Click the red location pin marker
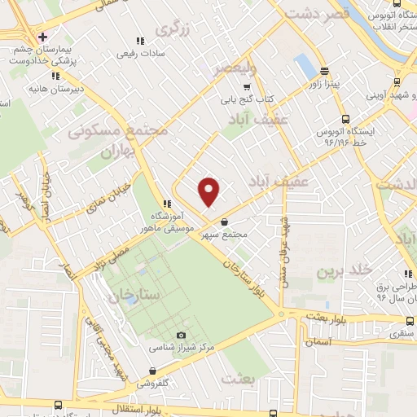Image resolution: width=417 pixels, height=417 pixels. [x=209, y=191]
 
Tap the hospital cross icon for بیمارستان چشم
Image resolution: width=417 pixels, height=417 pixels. [x=42, y=36]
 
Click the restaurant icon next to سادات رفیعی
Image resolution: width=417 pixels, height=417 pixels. [x=140, y=41]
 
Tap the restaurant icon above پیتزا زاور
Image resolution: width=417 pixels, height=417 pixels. [x=323, y=71]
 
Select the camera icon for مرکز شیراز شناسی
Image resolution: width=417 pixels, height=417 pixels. [x=181, y=335]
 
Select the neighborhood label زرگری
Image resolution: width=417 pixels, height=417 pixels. [x=172, y=30]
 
